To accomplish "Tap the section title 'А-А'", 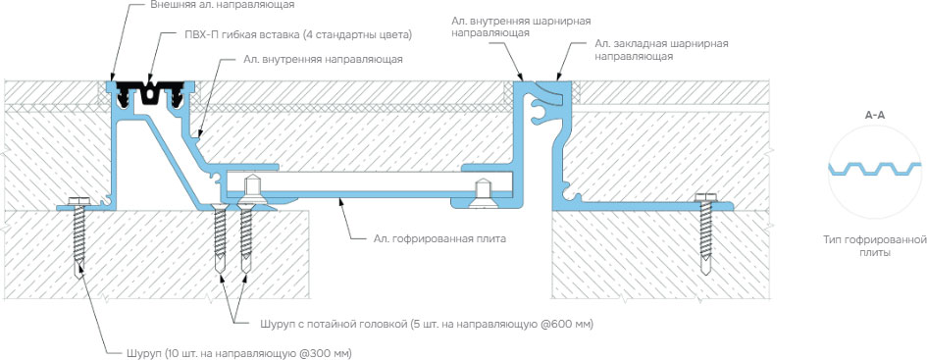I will pyautogui.click(x=875, y=115).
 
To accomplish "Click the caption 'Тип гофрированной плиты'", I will pyautogui.click(x=872, y=245).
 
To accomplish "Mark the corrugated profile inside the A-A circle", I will pyautogui.click(x=874, y=170).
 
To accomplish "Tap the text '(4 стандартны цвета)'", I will pyautogui.click(x=354, y=35).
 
